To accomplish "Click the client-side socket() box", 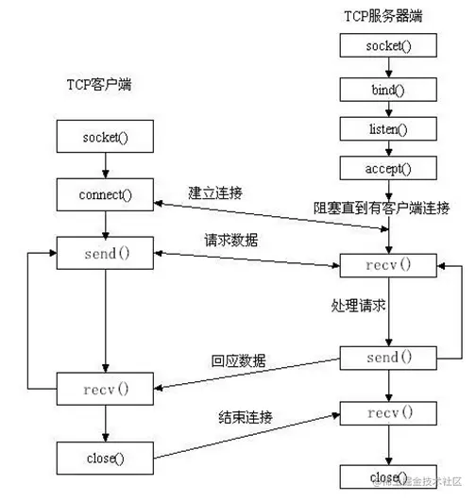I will (105, 137).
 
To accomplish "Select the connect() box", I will (105, 195).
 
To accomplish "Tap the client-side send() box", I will (105, 253).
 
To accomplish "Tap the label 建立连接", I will (215, 192).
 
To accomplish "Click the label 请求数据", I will (230, 241).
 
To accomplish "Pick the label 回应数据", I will (238, 360).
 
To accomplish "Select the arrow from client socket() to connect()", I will (105, 166).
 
